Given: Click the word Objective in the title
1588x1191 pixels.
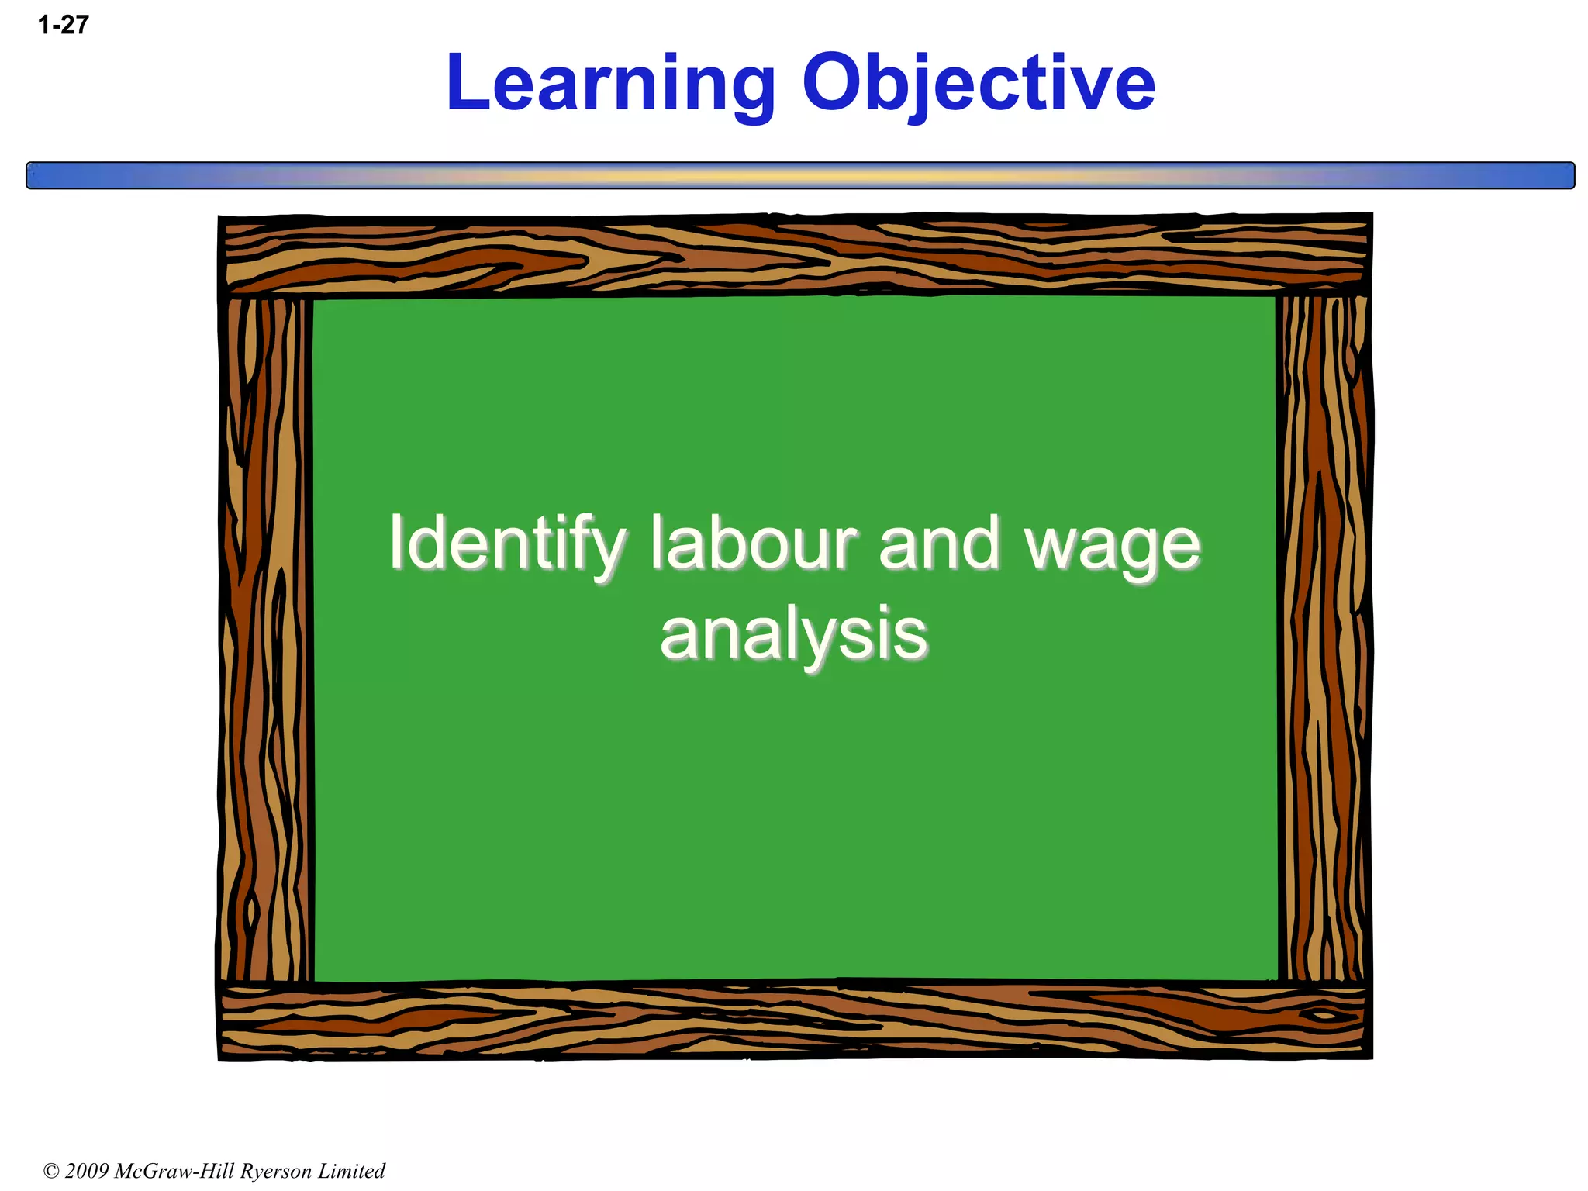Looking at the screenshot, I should (978, 84).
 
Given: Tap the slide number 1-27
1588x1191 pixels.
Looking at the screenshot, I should (63, 25).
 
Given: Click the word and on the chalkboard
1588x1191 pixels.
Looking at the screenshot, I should (940, 543).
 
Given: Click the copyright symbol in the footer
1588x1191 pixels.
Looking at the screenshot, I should (51, 1171).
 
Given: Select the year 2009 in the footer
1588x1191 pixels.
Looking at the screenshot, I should (87, 1171).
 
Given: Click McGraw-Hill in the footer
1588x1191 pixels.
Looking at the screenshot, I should (175, 1171).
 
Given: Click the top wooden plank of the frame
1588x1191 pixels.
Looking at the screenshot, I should (795, 254).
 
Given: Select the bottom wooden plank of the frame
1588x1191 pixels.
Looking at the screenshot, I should (795, 1020).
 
